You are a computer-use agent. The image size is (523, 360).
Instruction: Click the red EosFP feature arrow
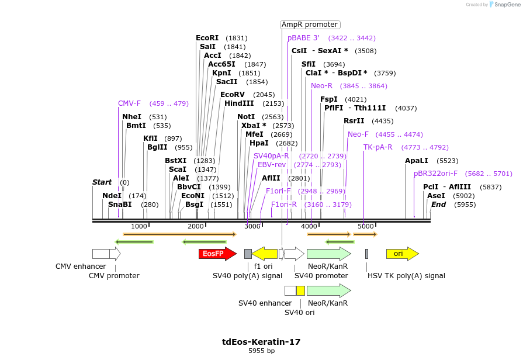[217, 254]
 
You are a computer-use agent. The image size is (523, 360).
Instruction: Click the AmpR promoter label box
[310, 25]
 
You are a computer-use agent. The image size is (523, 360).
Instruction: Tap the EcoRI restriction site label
[207, 37]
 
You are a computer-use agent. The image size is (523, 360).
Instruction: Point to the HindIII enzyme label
[238, 103]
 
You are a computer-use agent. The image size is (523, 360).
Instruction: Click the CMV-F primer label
[129, 103]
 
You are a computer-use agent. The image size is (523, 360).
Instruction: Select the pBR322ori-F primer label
[435, 174]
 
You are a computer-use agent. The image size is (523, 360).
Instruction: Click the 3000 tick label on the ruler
[252, 227]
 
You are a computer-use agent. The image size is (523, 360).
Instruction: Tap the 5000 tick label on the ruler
[365, 227]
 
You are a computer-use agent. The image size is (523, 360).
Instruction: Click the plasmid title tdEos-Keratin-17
[261, 342]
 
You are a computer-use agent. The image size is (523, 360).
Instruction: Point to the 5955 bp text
[261, 351]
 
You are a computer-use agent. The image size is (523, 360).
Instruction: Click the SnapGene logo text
[505, 5]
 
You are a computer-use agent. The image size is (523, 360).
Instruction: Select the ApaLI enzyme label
[417, 160]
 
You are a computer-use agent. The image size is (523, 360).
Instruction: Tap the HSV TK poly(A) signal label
[406, 276]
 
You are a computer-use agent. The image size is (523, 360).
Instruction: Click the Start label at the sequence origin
[102, 182]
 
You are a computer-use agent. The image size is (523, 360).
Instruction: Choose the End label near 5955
[438, 205]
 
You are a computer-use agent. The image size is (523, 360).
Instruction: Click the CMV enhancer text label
[81, 266]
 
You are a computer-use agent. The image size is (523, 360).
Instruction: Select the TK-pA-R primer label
[378, 147]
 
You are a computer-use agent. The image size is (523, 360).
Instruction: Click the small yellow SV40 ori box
[300, 290]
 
